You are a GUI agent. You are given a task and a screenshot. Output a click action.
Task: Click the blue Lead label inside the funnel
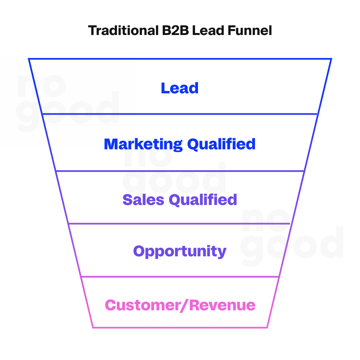(x=180, y=88)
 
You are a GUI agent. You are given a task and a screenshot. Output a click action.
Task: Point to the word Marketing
(x=143, y=144)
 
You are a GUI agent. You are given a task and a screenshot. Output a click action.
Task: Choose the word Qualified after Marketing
(x=221, y=144)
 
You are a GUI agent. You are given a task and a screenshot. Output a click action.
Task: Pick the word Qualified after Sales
(x=203, y=200)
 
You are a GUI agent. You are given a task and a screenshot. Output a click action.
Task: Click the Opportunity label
(x=180, y=251)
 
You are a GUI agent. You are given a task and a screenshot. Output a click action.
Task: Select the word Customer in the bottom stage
(x=142, y=305)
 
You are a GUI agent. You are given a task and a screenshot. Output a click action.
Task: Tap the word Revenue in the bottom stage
(x=223, y=305)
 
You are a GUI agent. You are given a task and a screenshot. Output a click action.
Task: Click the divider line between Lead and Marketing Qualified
(x=180, y=114)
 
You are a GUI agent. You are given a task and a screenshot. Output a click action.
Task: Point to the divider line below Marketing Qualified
(x=180, y=171)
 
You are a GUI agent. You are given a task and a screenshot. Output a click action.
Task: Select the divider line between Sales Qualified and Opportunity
(x=180, y=223)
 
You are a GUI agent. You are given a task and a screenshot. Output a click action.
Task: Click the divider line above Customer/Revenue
(x=180, y=277)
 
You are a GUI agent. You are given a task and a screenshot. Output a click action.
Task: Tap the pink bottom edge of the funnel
(x=180, y=327)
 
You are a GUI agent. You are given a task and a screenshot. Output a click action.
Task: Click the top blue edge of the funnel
(x=180, y=59)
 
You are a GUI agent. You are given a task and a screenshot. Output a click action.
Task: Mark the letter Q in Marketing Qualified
(x=194, y=144)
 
